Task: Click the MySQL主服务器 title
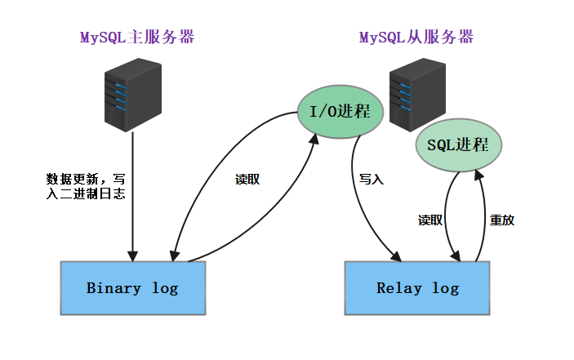136,38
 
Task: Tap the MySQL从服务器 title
416,38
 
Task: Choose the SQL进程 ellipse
458,146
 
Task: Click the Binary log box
132,288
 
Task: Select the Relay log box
417,288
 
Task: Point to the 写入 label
371,179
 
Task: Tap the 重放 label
501,220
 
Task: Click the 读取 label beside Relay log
430,220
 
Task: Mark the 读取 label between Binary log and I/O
247,180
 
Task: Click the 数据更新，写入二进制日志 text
86,186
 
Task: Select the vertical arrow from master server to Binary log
132,196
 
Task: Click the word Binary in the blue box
113,288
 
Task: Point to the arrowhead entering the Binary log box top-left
176,253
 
